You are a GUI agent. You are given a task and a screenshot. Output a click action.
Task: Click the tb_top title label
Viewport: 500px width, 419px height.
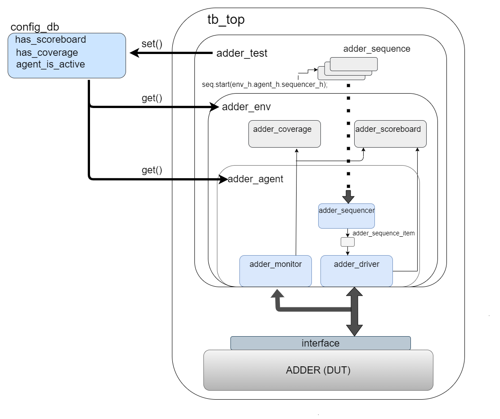225,20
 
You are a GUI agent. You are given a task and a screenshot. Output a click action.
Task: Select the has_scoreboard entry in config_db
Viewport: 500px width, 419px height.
50,40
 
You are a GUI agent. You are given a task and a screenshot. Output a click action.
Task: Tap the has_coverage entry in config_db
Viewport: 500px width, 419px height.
47,52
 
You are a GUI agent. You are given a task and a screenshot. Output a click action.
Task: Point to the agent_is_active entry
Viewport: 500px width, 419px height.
50,64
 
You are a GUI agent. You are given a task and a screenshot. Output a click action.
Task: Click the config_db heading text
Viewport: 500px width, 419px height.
35,27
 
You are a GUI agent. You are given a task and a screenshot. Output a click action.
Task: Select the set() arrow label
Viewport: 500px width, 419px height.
152,44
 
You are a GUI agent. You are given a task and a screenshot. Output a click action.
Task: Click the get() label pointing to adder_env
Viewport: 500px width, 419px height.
152,98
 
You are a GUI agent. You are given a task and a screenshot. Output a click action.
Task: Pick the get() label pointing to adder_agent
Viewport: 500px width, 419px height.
152,170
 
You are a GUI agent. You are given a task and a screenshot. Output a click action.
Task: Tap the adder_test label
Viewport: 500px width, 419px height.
242,54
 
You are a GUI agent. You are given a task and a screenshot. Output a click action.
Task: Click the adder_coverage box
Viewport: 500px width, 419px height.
284,134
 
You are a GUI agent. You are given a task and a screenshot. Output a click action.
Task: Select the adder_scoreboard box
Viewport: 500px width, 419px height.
390,134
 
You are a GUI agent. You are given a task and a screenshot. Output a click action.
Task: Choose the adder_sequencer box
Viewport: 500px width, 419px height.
347,216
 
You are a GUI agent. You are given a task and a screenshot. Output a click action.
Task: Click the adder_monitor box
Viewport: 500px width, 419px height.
275,271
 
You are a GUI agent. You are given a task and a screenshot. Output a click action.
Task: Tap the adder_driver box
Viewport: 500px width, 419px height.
356,271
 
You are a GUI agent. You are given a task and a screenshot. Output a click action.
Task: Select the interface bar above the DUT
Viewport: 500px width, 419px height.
320,343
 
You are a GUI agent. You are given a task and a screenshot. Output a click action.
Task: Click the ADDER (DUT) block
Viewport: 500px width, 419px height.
318,370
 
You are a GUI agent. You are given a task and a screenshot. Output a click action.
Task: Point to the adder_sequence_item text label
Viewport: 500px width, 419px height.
383,233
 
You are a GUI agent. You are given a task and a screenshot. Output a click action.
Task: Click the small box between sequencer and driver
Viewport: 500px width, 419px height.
347,242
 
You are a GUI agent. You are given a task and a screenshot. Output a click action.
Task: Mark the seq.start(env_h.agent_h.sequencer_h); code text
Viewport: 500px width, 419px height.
264,84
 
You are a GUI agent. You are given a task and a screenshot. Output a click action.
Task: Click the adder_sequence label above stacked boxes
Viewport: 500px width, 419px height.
377,49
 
